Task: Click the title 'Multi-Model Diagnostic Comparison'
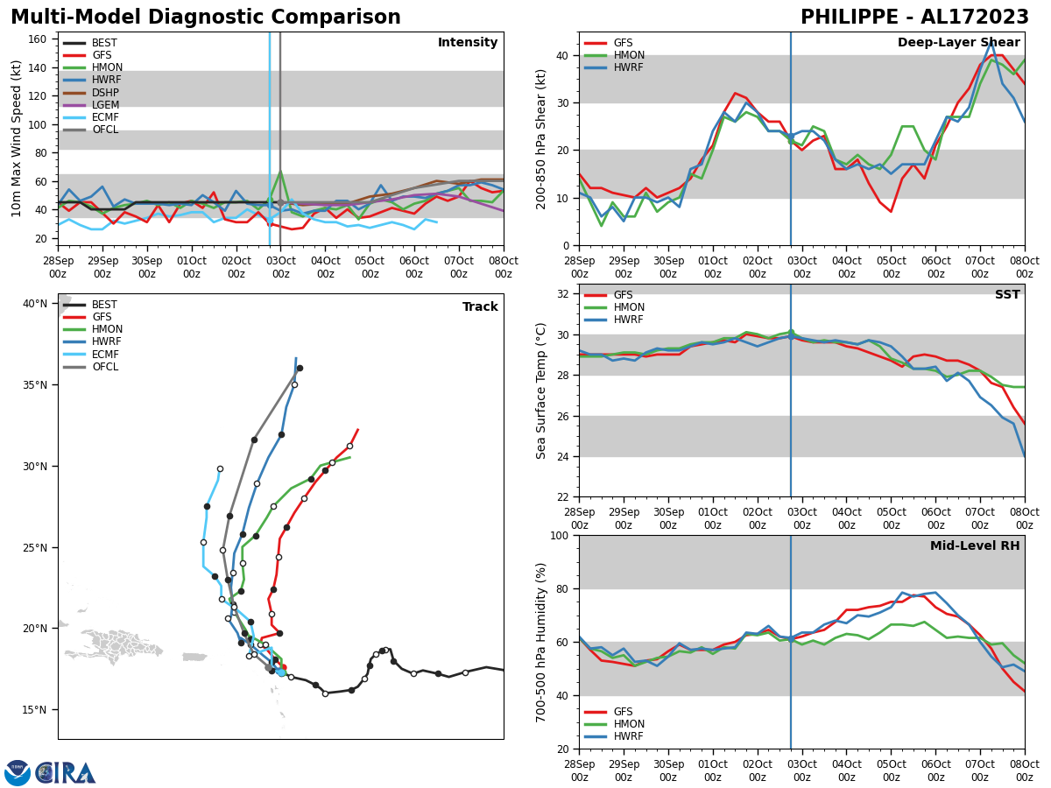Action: point(206,18)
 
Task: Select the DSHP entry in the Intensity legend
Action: point(105,93)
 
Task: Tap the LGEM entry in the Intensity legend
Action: point(105,105)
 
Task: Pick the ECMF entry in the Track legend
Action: point(105,355)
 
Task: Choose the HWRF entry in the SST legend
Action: point(629,320)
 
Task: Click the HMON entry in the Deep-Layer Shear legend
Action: point(630,55)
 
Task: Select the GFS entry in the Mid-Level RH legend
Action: point(624,712)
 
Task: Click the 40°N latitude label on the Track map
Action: point(35,304)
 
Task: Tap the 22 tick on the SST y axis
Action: point(564,496)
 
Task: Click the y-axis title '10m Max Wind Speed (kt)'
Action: point(16,138)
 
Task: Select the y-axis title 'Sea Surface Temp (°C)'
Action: point(541,390)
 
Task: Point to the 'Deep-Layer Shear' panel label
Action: point(958,43)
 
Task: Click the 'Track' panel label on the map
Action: point(480,307)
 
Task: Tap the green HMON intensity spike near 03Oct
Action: point(280,172)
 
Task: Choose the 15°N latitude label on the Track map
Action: point(35,710)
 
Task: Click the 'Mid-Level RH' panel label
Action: point(975,546)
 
